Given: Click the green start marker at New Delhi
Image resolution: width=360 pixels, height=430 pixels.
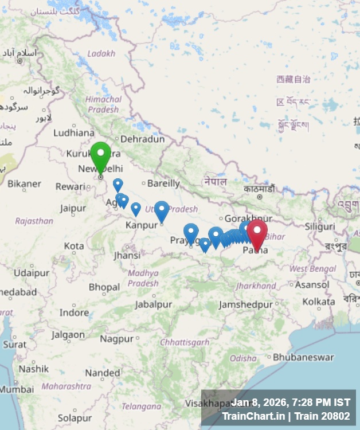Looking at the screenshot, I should (100, 155).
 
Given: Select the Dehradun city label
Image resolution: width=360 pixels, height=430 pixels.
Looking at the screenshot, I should (142, 139).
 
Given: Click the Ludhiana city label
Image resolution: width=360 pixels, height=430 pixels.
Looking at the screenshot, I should (73, 132).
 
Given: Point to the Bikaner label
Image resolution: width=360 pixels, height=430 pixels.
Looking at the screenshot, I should (24, 184).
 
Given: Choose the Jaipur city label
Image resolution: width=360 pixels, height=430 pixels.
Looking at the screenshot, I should (73, 208).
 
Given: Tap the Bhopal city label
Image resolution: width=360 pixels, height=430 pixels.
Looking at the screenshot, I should (104, 287).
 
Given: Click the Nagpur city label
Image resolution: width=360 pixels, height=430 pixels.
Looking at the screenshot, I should (116, 339).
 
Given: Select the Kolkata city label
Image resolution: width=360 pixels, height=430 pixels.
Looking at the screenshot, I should (319, 301).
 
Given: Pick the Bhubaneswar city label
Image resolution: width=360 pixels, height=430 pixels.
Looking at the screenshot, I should (303, 357).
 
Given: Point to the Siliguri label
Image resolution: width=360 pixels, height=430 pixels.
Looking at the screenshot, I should (320, 226).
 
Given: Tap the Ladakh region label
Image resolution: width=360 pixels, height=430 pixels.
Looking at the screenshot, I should (101, 53).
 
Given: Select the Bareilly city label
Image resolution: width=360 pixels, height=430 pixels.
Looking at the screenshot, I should (163, 184).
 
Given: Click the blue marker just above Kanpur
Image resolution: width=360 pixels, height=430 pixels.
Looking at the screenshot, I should (162, 210).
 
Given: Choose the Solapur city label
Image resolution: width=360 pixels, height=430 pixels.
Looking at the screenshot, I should (75, 418).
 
